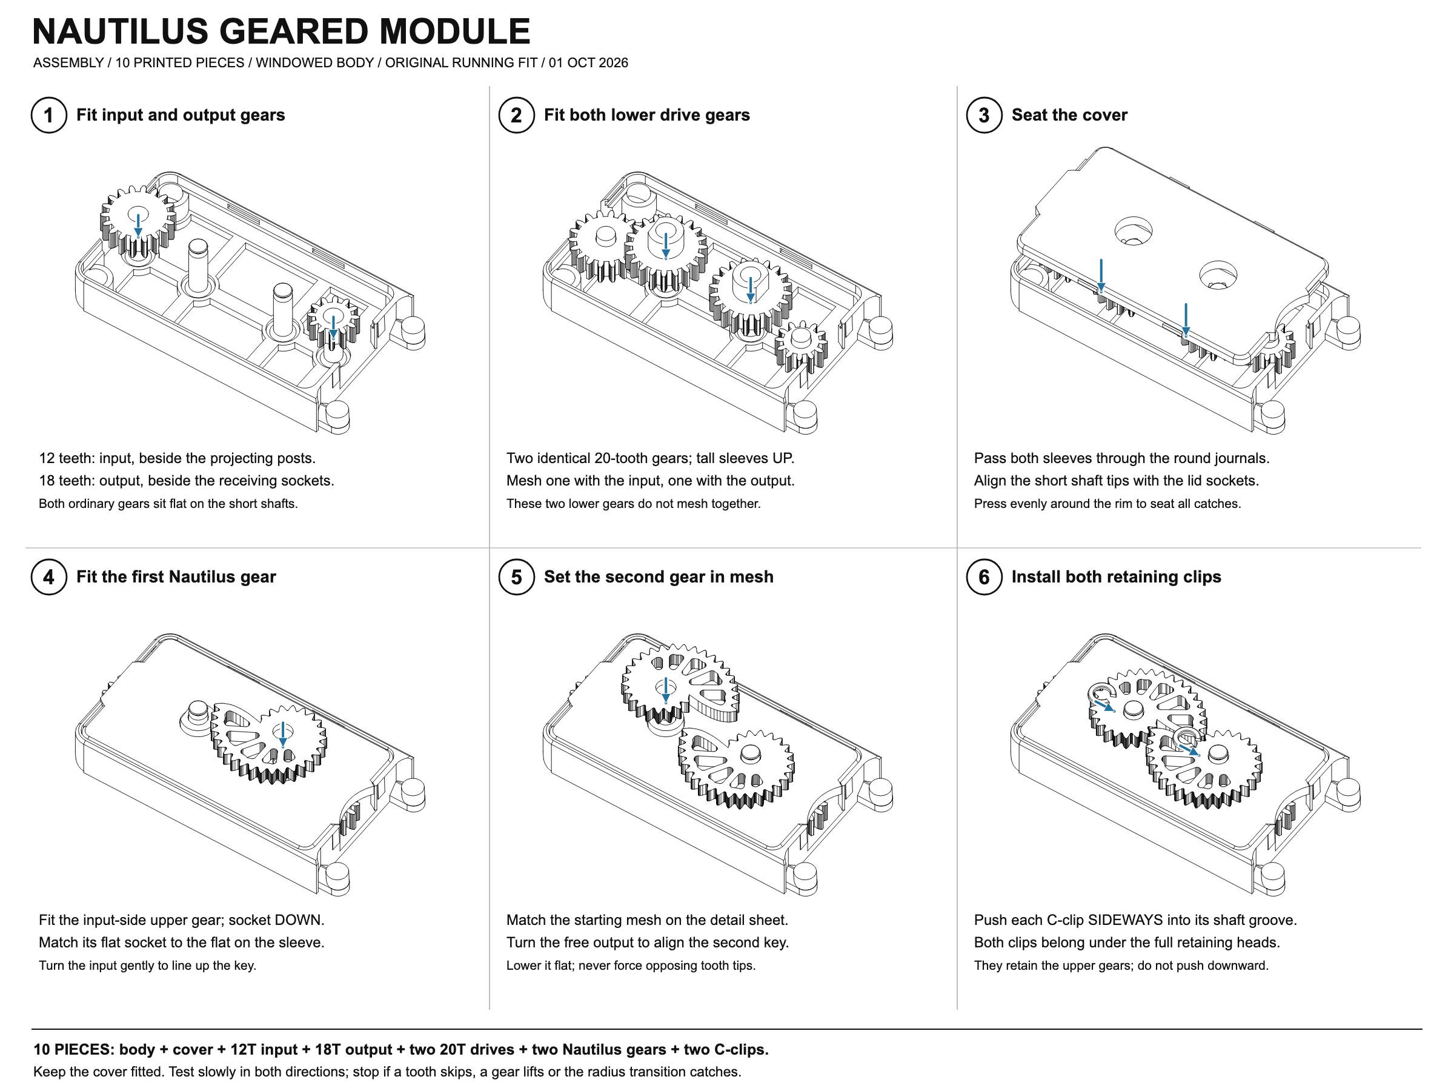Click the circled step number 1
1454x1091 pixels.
[48, 115]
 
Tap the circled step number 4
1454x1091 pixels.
[48, 577]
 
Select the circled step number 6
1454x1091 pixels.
[984, 577]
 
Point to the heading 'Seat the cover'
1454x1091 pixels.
[1069, 115]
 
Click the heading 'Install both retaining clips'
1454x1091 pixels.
[1116, 577]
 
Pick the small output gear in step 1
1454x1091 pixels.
[333, 322]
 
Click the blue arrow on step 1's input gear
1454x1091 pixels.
[138, 225]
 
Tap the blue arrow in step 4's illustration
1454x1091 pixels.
[283, 735]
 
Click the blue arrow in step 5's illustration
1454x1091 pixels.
[666, 690]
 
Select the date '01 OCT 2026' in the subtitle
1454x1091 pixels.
[588, 62]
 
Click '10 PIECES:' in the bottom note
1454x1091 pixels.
[75, 1049]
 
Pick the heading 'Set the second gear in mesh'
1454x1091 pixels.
[658, 577]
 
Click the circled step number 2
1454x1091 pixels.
[517, 115]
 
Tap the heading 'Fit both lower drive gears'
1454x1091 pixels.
[647, 115]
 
